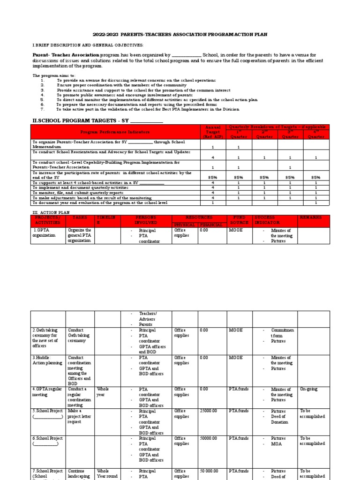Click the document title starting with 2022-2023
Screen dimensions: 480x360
point(180,35)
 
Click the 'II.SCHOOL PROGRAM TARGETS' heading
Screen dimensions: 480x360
point(97,120)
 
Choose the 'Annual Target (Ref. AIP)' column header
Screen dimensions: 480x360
point(213,132)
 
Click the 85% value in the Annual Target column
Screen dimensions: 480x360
point(213,178)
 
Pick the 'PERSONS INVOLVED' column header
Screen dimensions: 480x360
point(149,220)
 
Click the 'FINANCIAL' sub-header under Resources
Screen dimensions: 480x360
point(212,225)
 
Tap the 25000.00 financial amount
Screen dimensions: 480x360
point(209,411)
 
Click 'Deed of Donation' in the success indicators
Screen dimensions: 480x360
point(280,419)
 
